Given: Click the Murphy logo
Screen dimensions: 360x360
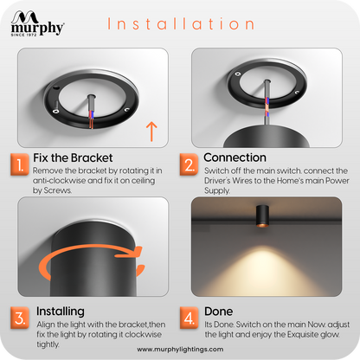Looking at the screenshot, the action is [37, 23].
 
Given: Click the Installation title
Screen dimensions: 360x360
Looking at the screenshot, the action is [181, 23].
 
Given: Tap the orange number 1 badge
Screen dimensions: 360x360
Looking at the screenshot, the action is [20, 164].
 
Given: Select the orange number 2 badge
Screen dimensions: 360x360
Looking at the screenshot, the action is [189, 164].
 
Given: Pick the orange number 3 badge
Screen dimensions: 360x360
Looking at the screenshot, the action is [20, 318].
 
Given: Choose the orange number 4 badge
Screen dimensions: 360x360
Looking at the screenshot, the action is [189, 318].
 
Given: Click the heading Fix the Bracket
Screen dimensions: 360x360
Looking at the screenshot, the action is [73, 157].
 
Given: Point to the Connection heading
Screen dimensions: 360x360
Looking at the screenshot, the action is [235, 157].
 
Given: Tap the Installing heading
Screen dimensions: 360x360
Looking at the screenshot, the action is [61, 312].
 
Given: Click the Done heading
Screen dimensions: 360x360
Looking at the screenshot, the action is [218, 312].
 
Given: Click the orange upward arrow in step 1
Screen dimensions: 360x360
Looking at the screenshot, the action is [151, 132].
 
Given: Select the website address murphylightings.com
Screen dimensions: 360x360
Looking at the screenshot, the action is [180, 350].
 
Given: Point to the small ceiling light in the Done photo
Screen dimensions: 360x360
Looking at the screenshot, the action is [262, 216].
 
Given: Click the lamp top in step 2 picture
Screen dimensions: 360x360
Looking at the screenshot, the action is [267, 137].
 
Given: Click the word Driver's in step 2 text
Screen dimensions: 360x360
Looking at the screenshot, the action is [217, 181].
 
